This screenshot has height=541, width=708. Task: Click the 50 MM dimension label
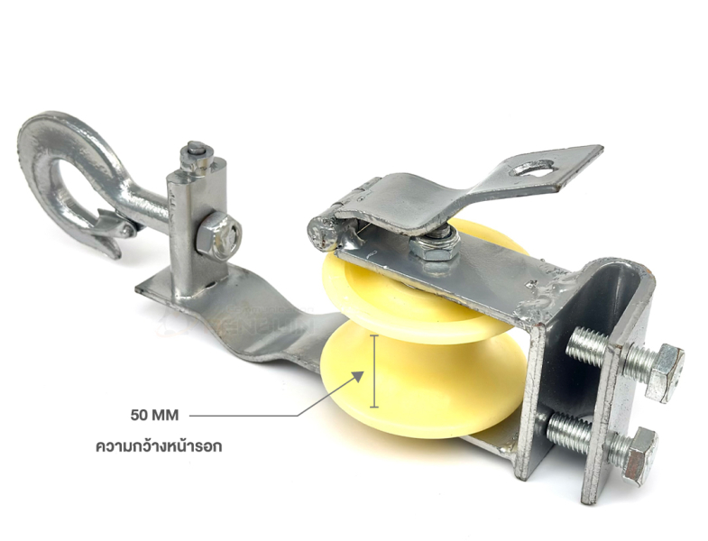click(154, 415)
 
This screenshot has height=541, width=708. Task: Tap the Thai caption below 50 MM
click(159, 446)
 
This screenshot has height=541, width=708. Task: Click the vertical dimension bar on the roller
click(374, 371)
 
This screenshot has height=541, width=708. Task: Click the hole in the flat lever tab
click(531, 168)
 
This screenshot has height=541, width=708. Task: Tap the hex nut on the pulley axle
click(434, 244)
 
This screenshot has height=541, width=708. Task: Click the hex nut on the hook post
click(219, 236)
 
